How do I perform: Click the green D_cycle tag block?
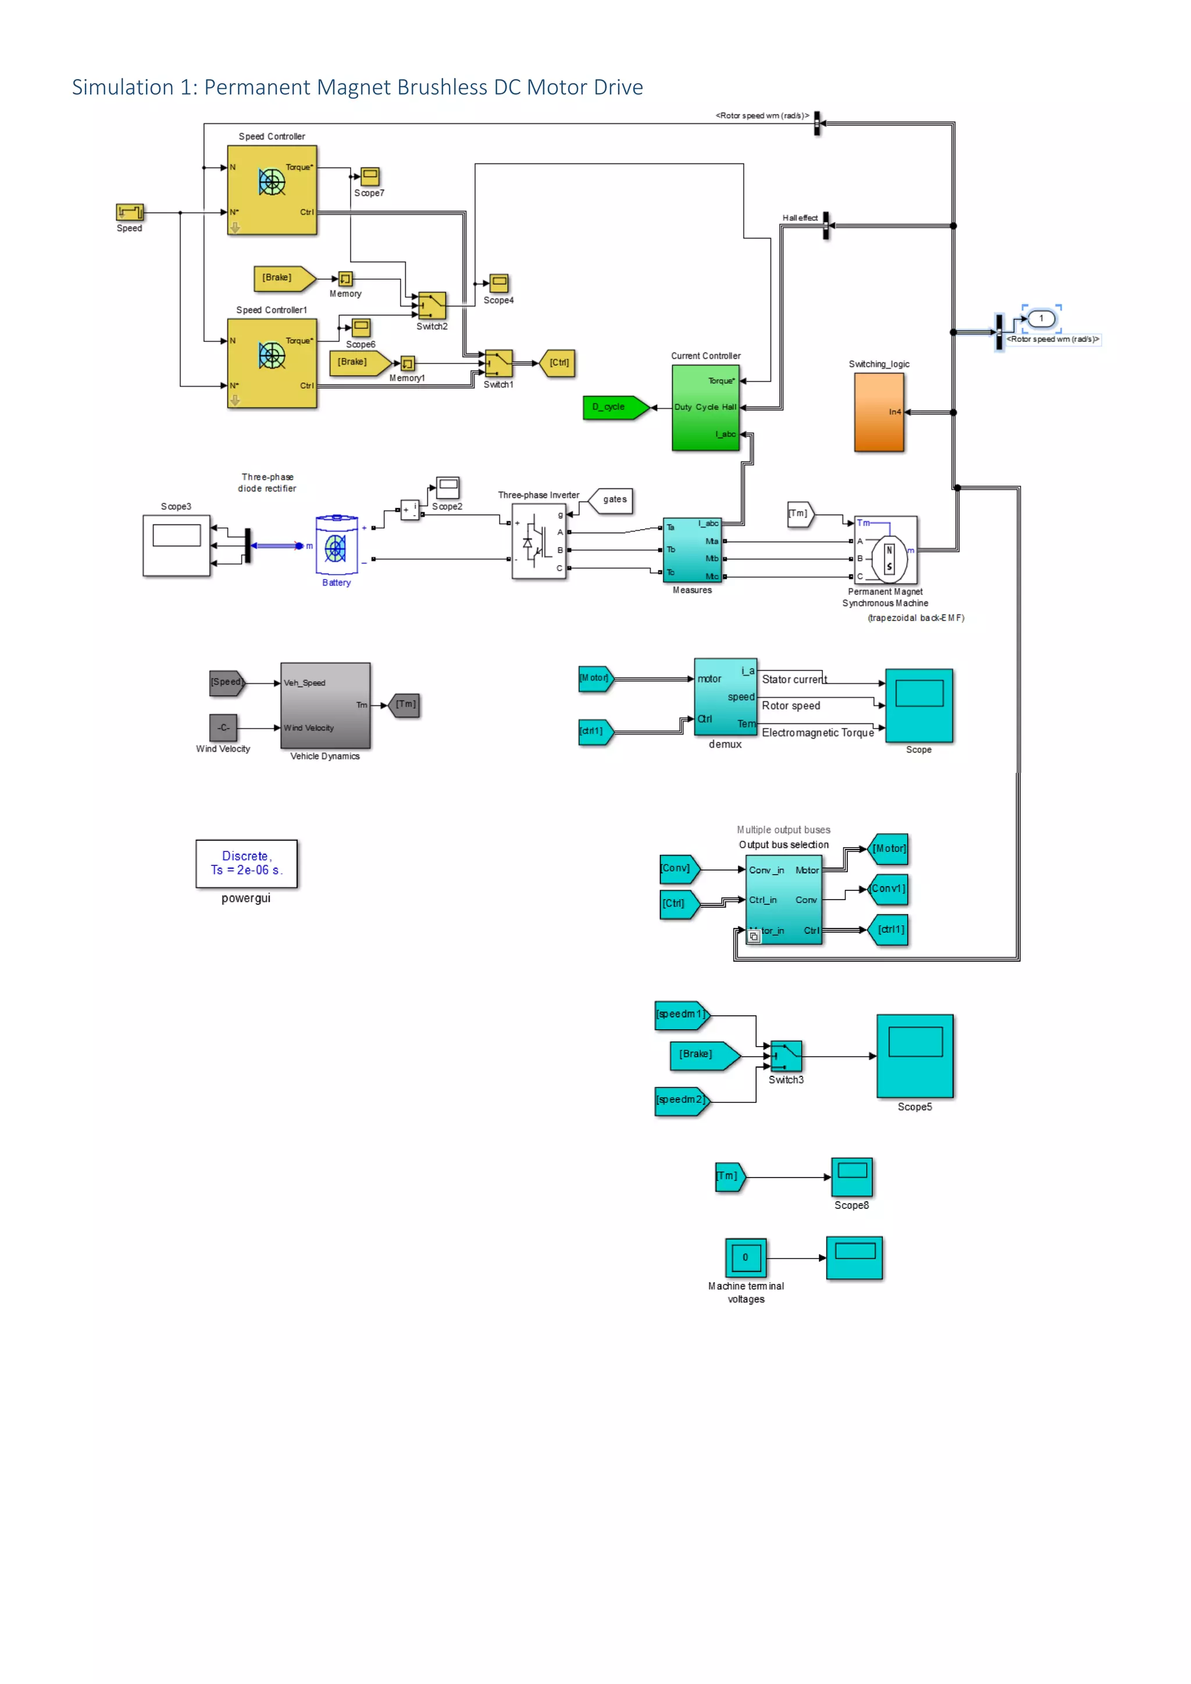pyautogui.click(x=615, y=407)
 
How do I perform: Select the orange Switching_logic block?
pyautogui.click(x=879, y=412)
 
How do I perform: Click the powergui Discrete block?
pyautogui.click(x=247, y=864)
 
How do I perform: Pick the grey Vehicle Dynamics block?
pyautogui.click(x=325, y=705)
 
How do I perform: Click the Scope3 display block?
pyautogui.click(x=176, y=545)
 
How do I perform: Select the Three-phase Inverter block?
pyautogui.click(x=539, y=541)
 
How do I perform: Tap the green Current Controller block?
pyautogui.click(x=705, y=408)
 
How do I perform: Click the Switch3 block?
pyautogui.click(x=786, y=1056)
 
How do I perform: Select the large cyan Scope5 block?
pyautogui.click(x=915, y=1056)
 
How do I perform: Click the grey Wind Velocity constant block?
pyautogui.click(x=223, y=727)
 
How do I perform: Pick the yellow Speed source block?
pyautogui.click(x=130, y=212)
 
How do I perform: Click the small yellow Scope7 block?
pyautogui.click(x=370, y=176)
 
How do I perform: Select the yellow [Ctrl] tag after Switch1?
pyautogui.click(x=558, y=363)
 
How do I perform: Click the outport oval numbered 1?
pyautogui.click(x=1040, y=318)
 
